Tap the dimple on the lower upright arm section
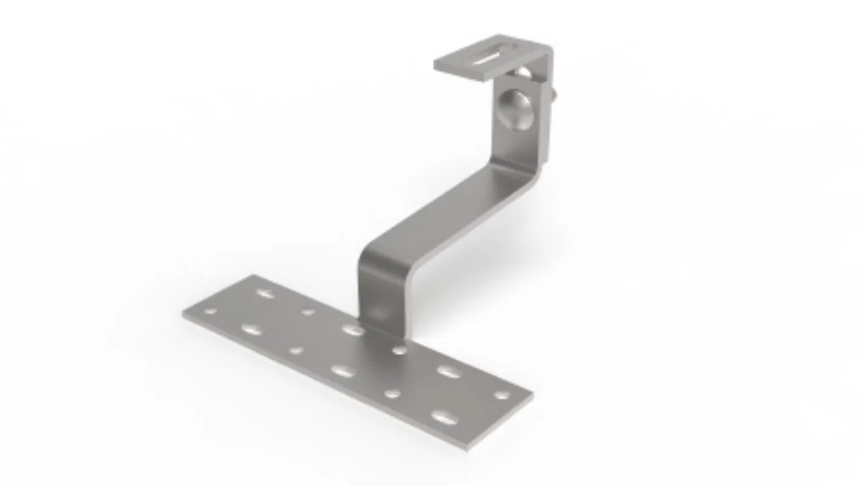[379, 312]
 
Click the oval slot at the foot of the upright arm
[352, 329]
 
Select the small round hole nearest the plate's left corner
[211, 311]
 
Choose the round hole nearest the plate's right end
[501, 395]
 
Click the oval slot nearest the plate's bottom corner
[443, 417]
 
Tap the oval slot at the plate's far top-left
[265, 293]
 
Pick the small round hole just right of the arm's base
[399, 350]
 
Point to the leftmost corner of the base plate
[183, 314]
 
